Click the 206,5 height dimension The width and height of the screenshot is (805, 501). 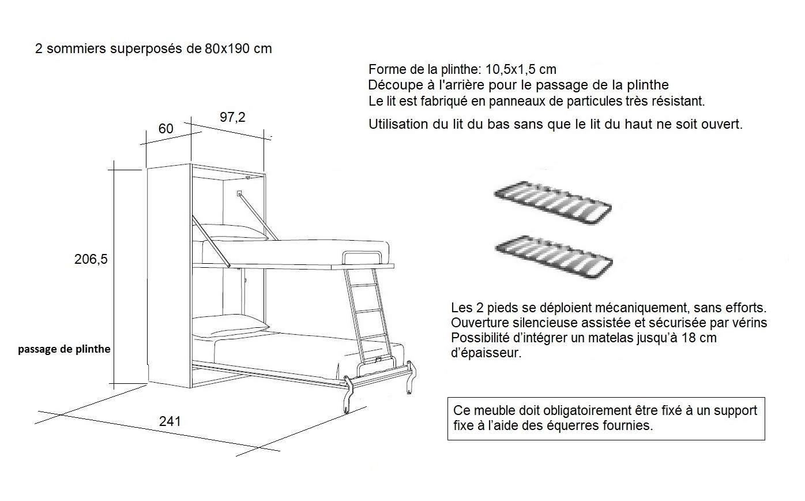tap(91, 260)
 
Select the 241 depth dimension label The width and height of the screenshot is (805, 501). tap(170, 421)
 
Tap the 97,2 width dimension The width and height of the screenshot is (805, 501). tap(232, 117)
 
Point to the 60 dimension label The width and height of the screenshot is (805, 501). tap(165, 129)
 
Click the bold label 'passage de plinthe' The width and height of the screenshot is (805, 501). tap(64, 349)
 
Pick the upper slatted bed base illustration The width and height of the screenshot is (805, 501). tap(553, 204)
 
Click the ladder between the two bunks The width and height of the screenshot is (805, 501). tap(368, 315)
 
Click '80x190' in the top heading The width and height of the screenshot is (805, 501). tap(227, 49)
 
